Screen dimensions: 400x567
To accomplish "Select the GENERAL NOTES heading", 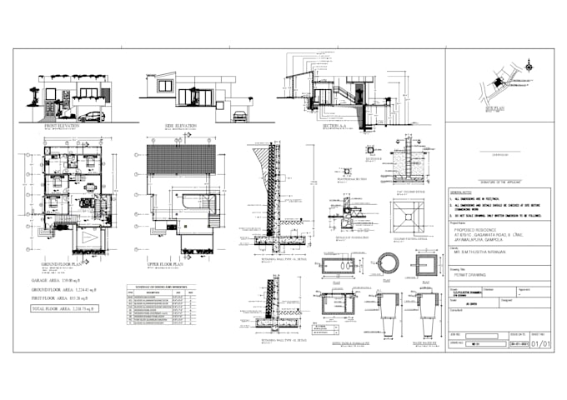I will coord(462,192).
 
